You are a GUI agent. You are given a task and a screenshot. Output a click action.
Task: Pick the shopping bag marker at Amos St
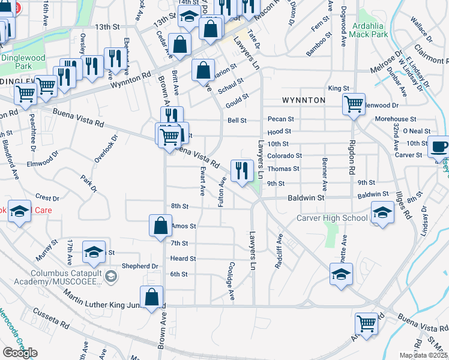160,226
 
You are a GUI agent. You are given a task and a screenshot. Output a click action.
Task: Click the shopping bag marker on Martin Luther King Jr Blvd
151,297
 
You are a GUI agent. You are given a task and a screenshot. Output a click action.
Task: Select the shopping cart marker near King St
354,103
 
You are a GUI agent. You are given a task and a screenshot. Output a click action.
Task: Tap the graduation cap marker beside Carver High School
382,212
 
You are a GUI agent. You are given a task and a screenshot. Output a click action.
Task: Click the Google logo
20,353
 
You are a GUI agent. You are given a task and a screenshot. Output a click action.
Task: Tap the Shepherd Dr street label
140,266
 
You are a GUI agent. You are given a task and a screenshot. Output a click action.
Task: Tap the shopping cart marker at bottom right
366,324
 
